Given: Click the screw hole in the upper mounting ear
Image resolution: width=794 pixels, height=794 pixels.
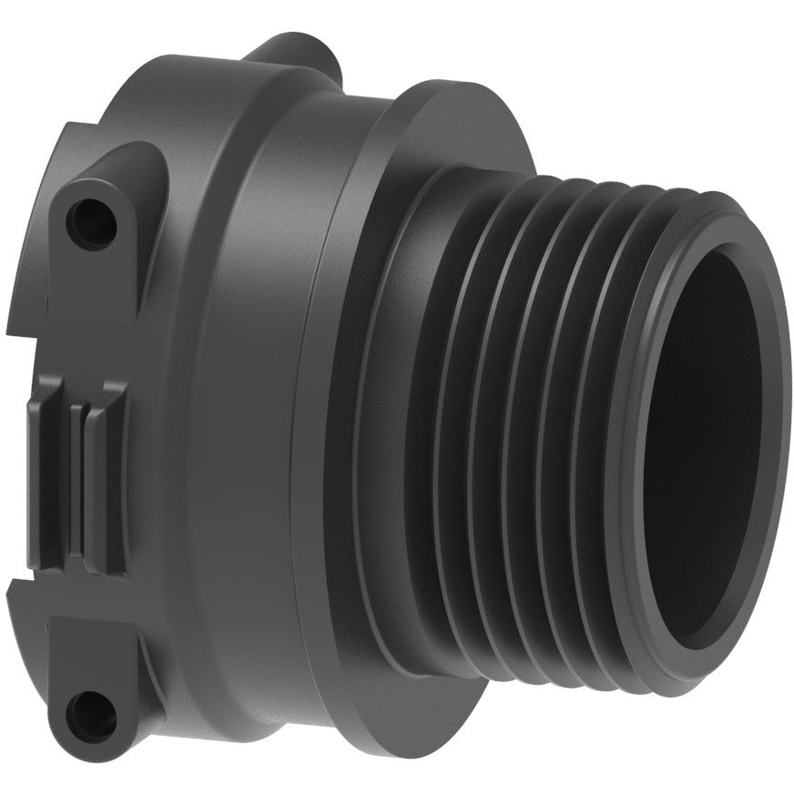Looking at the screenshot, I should pos(91,215).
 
